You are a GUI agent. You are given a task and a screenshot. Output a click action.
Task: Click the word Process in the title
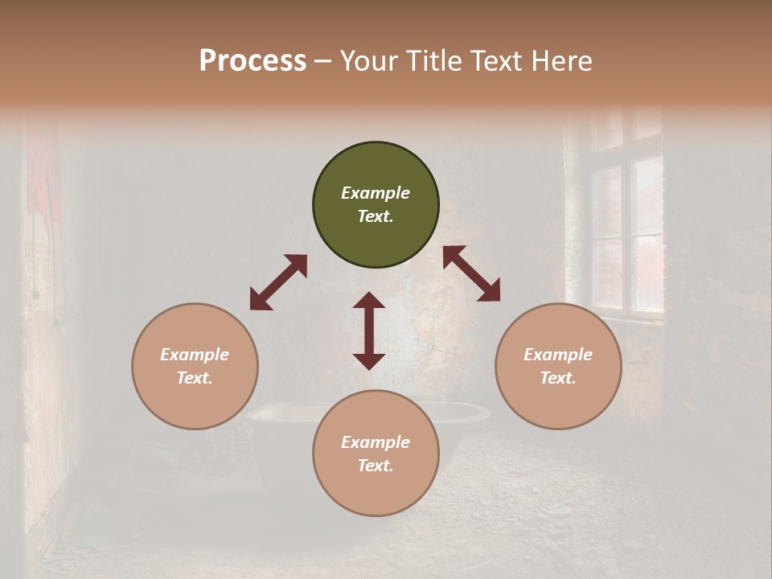coord(253,61)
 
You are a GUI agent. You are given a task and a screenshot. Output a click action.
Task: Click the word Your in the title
coord(371,61)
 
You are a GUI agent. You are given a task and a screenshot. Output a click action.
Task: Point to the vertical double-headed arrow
coord(369,331)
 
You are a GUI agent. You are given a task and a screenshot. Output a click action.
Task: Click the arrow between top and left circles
coord(278,282)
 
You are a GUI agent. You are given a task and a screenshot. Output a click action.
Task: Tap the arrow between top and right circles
coord(471,273)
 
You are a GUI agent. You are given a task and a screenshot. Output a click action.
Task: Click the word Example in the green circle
coord(376,193)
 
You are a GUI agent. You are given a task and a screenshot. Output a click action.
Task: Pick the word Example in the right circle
coord(558,355)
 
